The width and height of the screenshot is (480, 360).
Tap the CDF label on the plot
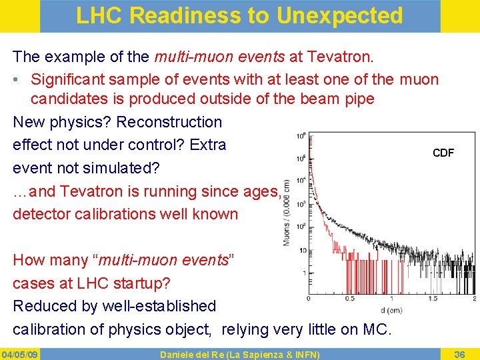(443, 153)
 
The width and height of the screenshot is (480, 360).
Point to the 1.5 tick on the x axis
(433, 298)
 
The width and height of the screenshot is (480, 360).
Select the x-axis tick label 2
(474, 298)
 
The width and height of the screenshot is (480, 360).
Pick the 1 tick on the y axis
(303, 273)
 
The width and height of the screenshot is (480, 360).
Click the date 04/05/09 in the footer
(19, 353)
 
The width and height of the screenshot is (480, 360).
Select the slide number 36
(459, 353)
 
